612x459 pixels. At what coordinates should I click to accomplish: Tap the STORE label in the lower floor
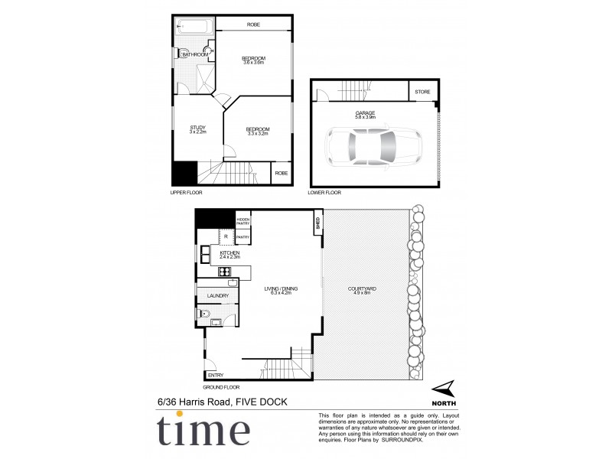(x=422, y=93)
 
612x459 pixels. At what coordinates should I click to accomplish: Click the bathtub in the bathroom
(x=194, y=29)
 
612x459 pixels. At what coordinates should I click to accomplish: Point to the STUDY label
(x=198, y=129)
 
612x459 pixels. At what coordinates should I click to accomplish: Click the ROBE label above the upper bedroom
(x=253, y=25)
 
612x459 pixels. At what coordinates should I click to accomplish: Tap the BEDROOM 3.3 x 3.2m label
(x=259, y=131)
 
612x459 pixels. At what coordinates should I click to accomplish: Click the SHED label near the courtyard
(x=317, y=223)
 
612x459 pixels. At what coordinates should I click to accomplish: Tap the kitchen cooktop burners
(x=226, y=271)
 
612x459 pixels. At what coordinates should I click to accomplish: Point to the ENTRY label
(x=215, y=376)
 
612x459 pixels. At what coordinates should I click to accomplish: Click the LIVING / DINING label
(x=281, y=290)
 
